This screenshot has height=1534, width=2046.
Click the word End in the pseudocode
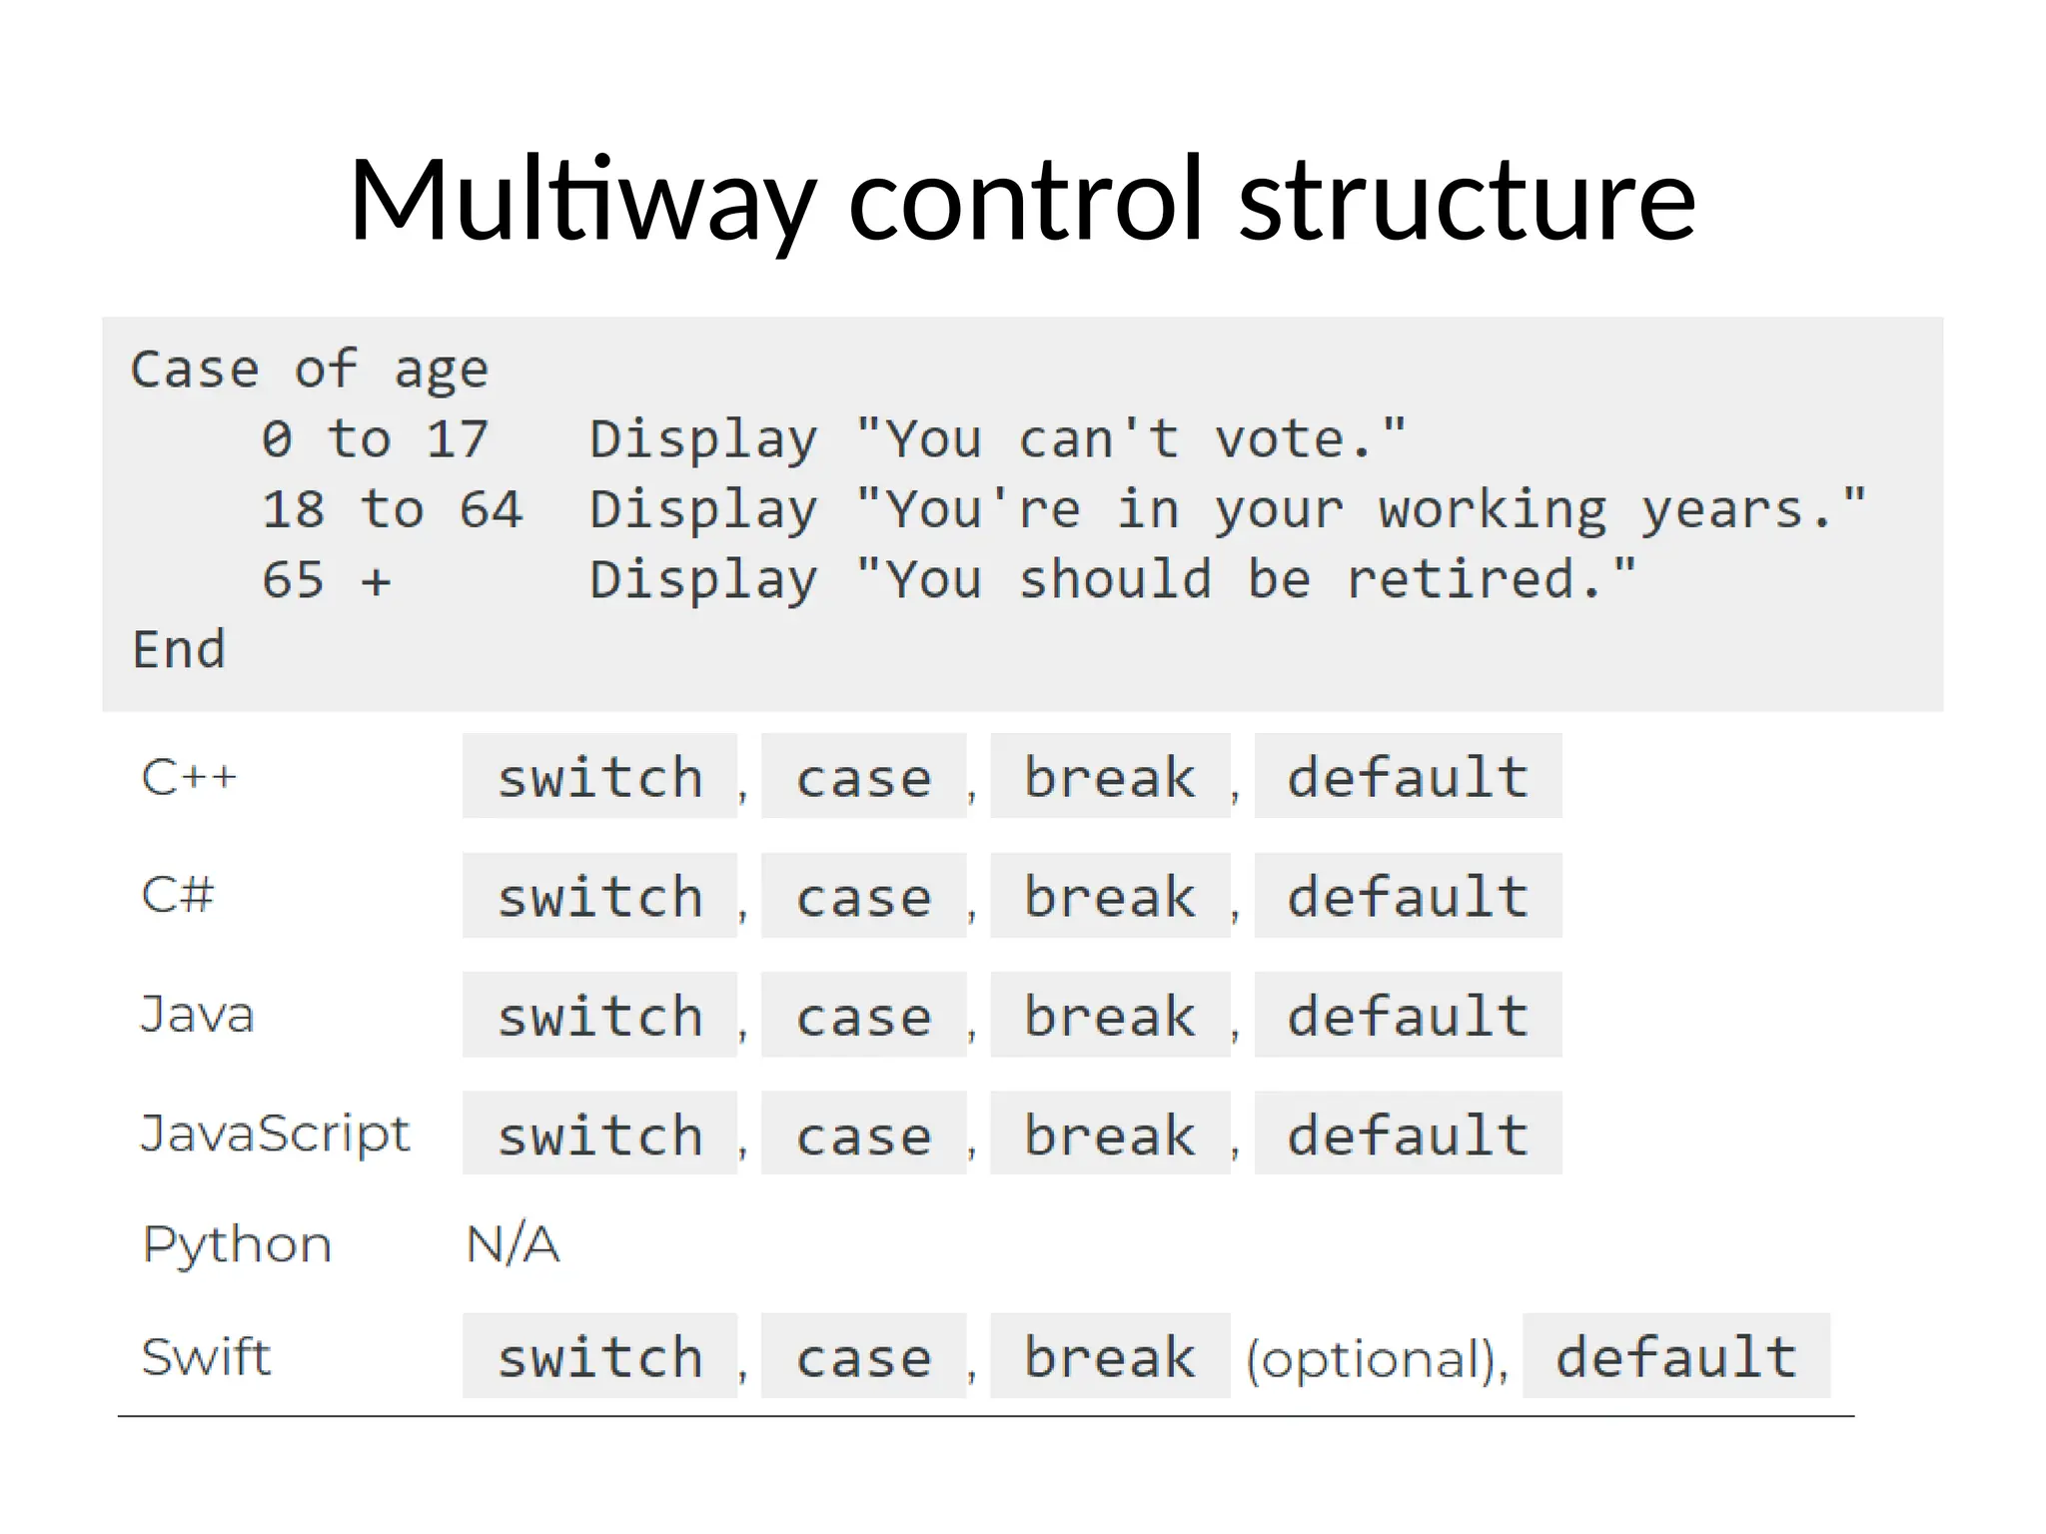[x=180, y=650]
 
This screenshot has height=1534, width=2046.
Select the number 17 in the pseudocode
[x=457, y=439]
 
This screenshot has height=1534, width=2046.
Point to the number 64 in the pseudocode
[x=491, y=509]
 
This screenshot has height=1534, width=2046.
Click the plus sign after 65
[x=376, y=581]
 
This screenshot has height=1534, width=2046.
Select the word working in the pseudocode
[x=1493, y=510]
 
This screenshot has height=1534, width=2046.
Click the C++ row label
[x=189, y=777]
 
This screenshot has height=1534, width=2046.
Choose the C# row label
[x=178, y=895]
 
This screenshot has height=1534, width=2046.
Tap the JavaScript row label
[x=275, y=1134]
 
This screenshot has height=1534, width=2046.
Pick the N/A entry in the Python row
[x=512, y=1244]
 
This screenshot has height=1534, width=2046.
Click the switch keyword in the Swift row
[x=600, y=1357]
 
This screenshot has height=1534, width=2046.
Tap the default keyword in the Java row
[x=1408, y=1016]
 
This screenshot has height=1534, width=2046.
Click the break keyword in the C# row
[x=1110, y=896]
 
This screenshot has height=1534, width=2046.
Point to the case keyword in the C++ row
[x=864, y=777]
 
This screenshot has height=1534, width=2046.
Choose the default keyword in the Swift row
[x=1676, y=1356]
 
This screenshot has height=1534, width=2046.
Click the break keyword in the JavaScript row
[x=1110, y=1135]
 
